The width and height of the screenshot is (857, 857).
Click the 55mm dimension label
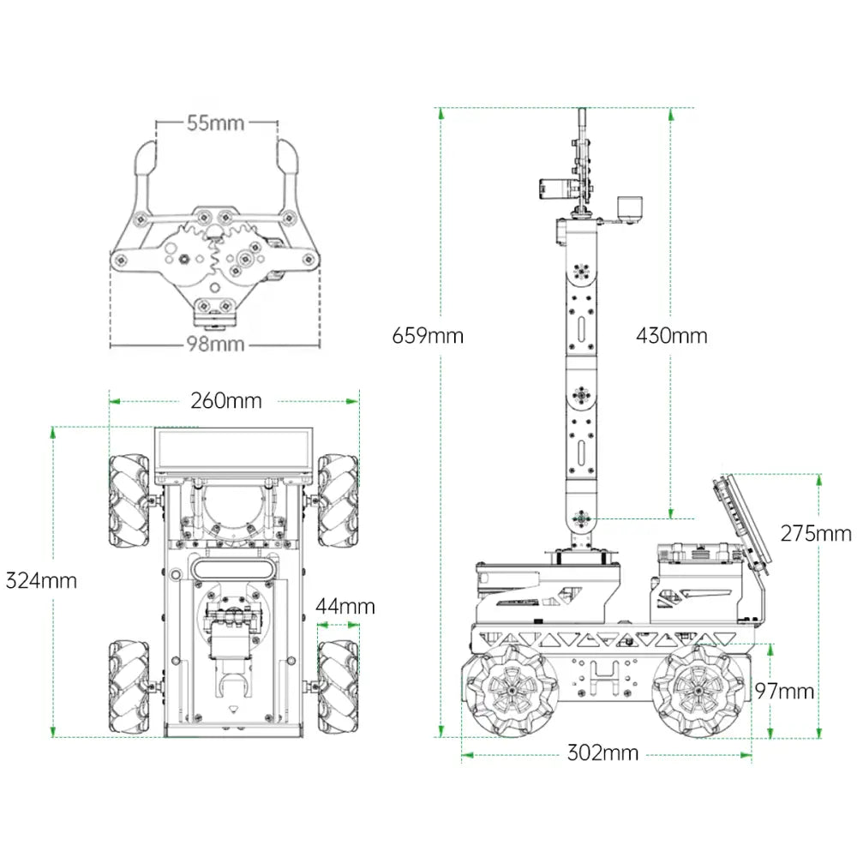pyautogui.click(x=215, y=123)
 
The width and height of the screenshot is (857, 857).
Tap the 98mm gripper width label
pyautogui.click(x=215, y=344)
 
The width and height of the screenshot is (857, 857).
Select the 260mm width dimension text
pyautogui.click(x=226, y=400)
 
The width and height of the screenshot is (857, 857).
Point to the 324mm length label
pyautogui.click(x=41, y=580)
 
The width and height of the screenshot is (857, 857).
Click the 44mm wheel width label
pyautogui.click(x=345, y=606)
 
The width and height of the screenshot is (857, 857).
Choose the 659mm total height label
pyautogui.click(x=428, y=335)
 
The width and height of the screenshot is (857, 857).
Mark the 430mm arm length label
pyautogui.click(x=672, y=335)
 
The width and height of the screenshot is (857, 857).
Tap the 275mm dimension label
pyautogui.click(x=816, y=533)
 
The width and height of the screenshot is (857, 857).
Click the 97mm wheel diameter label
pyautogui.click(x=785, y=692)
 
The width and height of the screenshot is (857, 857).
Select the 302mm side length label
pyautogui.click(x=602, y=753)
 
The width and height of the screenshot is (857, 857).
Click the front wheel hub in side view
pyautogui.click(x=512, y=691)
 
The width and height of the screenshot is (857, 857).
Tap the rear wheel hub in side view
pyautogui.click(x=699, y=691)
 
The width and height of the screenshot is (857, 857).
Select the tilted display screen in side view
pyautogui.click(x=741, y=524)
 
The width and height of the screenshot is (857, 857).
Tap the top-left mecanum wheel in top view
pyautogui.click(x=129, y=500)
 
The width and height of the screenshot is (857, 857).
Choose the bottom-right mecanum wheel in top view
pyautogui.click(x=339, y=687)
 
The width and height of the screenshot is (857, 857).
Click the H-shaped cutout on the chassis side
pyautogui.click(x=603, y=677)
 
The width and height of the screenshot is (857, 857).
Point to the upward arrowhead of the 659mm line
pyautogui.click(x=441, y=113)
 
